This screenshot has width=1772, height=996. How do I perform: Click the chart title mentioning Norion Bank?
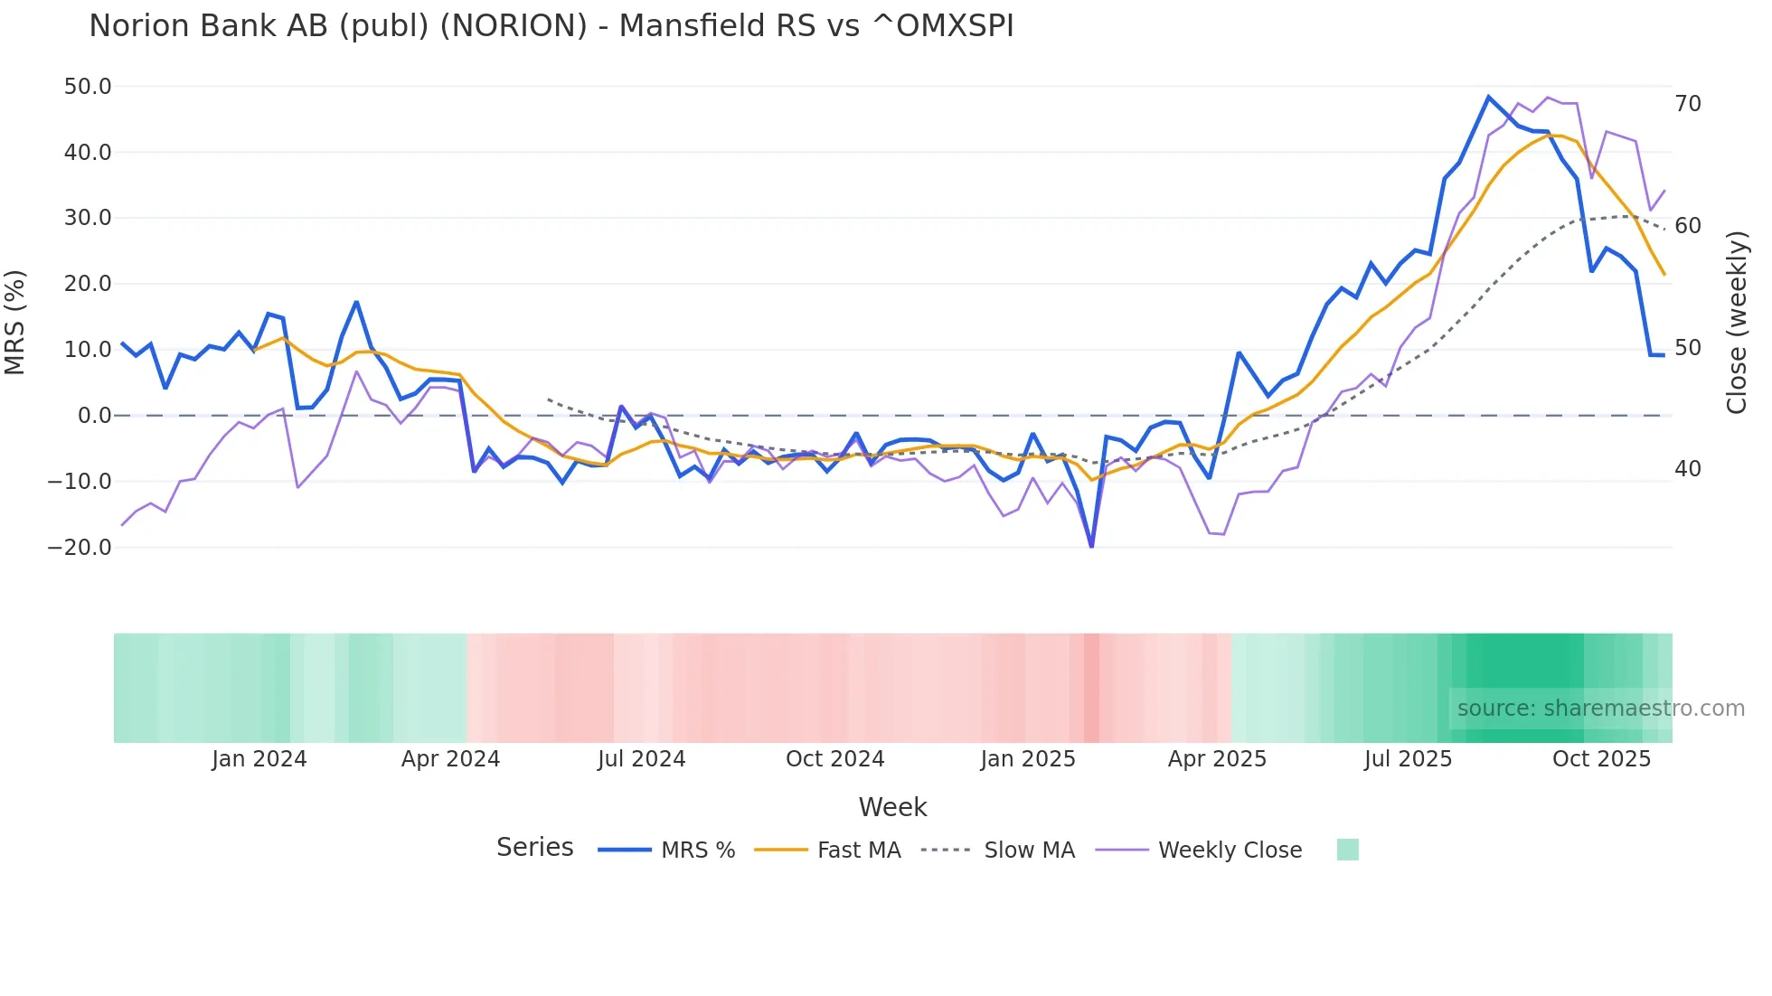(551, 26)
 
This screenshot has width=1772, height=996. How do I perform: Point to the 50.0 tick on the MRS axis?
(88, 87)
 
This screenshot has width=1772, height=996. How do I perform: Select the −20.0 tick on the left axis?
(80, 548)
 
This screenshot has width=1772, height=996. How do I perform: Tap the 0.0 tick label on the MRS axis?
(94, 416)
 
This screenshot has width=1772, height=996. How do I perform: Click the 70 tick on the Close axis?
(1688, 104)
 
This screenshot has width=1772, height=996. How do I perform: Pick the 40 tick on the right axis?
(1688, 469)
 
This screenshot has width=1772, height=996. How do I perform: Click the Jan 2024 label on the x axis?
(259, 759)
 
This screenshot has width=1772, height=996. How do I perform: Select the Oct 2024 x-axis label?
(834, 759)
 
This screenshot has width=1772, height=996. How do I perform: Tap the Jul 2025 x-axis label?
(1408, 759)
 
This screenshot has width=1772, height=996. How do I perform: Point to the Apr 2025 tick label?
(1217, 759)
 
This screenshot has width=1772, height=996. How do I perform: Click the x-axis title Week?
(892, 807)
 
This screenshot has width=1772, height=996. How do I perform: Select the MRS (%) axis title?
(15, 322)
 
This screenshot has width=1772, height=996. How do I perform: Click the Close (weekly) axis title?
(1736, 322)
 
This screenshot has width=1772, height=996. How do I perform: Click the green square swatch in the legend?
(1347, 850)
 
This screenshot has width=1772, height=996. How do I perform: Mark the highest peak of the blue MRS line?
(1488, 97)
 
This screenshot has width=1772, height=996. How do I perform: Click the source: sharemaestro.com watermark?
(1600, 709)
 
